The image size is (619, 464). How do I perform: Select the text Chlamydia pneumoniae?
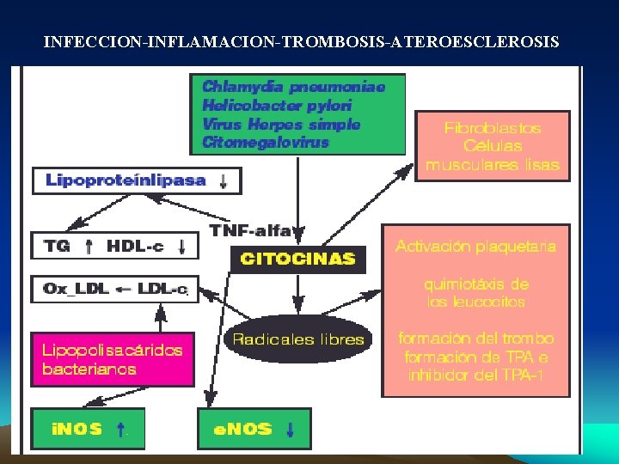point(293,87)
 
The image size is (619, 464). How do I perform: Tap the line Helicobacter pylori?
point(277,106)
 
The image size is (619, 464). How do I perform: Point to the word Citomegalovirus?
point(266,143)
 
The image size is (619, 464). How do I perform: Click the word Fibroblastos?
point(493,128)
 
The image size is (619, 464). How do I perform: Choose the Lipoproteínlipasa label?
point(126,180)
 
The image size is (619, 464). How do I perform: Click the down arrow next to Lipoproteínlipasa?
point(224,180)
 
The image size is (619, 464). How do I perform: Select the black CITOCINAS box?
point(297,259)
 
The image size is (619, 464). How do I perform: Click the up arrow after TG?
point(89,247)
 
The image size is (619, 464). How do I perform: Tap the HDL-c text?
point(134,247)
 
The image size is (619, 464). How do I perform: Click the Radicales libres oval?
point(297,339)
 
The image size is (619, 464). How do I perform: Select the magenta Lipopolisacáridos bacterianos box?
point(113,359)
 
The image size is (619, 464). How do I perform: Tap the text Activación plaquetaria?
point(475,247)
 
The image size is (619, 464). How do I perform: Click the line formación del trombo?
point(475,339)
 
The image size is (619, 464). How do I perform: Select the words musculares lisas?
point(493,165)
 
